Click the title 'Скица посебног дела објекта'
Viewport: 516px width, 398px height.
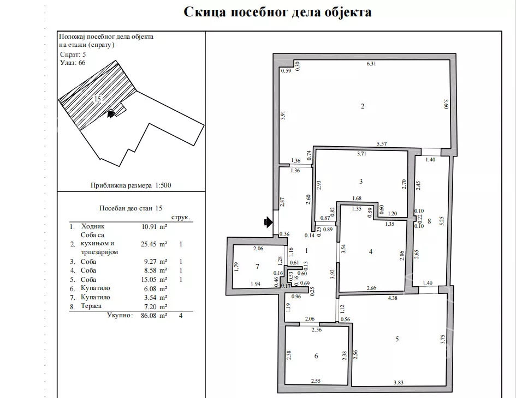click(x=277, y=12)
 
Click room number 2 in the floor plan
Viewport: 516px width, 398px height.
click(x=362, y=106)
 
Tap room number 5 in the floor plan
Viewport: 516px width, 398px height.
click(x=397, y=339)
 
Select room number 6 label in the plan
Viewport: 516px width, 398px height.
click(x=316, y=356)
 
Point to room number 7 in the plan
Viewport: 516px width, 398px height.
click(x=257, y=267)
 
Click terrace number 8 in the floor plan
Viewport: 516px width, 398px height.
click(x=429, y=221)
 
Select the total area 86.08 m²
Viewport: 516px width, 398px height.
click(x=150, y=315)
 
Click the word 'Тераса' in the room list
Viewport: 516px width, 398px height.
click(x=92, y=306)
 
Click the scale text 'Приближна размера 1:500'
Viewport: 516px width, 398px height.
click(x=131, y=185)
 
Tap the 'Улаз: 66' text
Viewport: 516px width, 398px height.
click(x=73, y=63)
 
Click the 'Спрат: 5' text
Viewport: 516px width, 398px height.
click(x=73, y=55)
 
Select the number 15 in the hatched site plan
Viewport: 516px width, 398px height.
click(x=97, y=99)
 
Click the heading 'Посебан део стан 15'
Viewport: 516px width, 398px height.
click(x=131, y=208)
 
